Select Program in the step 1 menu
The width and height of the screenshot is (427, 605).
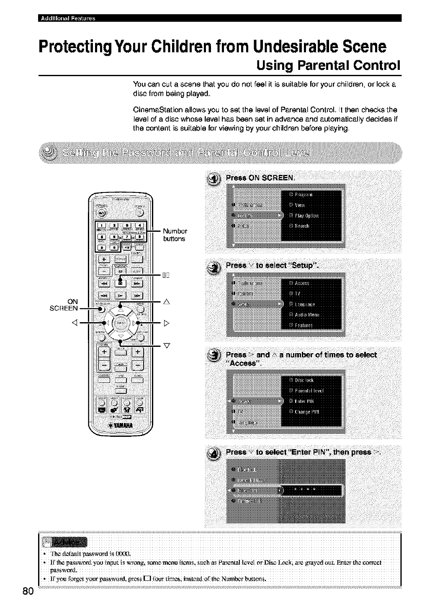click(307, 195)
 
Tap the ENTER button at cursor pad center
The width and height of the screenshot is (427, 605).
click(121, 323)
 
